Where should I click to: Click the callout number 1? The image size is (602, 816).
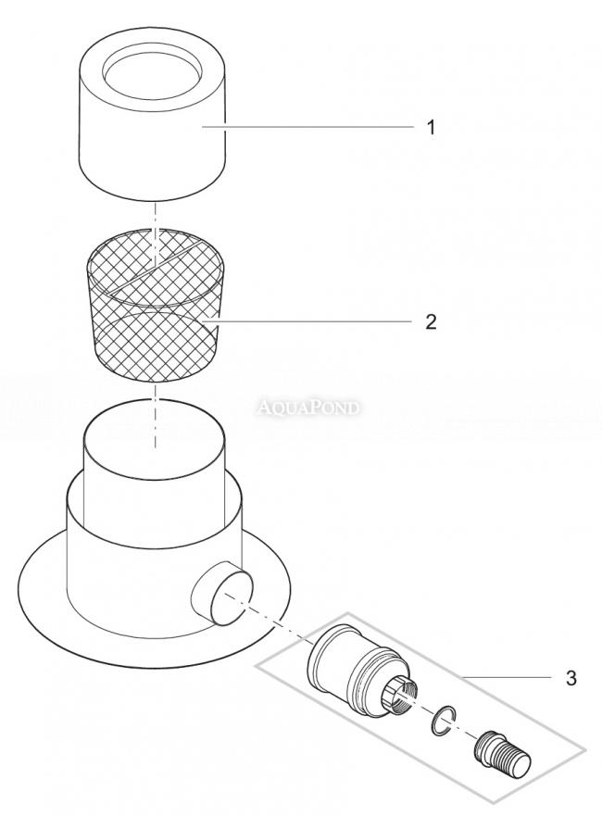pyautogui.click(x=431, y=127)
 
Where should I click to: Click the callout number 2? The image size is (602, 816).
pyautogui.click(x=431, y=322)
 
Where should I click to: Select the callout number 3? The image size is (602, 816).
pyautogui.click(x=571, y=679)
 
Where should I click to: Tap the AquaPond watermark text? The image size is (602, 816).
pyautogui.click(x=308, y=408)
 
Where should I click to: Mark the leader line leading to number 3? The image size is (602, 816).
pyautogui.click(x=506, y=677)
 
